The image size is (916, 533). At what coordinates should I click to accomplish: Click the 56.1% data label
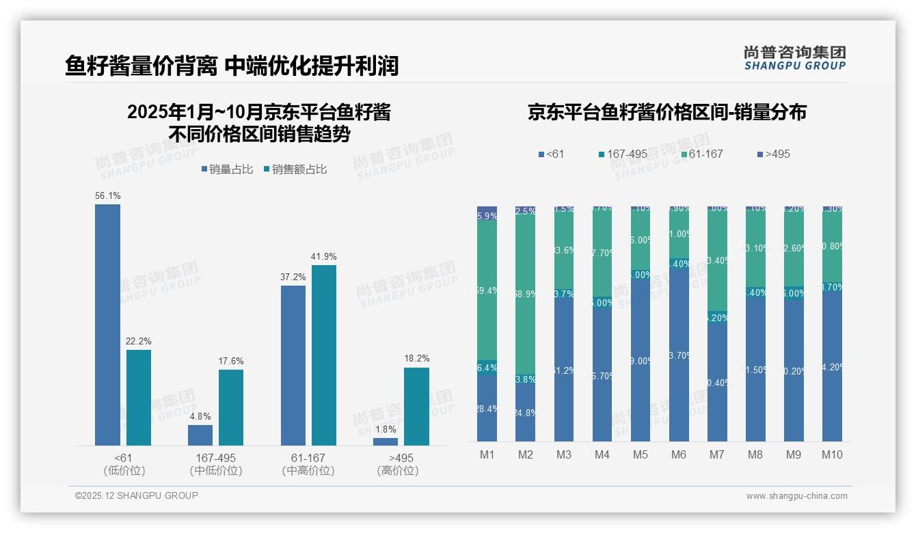(x=108, y=195)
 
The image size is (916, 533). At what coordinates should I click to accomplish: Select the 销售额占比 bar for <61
(x=139, y=398)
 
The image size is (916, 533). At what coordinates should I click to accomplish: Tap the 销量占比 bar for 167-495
(x=200, y=435)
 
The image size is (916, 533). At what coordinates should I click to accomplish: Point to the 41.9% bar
(x=324, y=355)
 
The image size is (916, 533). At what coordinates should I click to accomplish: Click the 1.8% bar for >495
(x=386, y=441)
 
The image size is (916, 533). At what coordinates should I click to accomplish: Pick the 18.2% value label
(x=416, y=358)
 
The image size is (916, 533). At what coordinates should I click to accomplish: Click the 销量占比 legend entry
(x=228, y=169)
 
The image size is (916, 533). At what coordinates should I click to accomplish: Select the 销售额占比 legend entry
(x=295, y=169)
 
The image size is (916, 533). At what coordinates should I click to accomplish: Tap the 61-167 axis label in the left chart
(x=308, y=457)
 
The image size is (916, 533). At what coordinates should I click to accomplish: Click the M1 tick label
(x=487, y=454)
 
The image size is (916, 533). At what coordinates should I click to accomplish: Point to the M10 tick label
(x=832, y=454)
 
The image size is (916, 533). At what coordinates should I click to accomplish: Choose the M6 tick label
(x=679, y=454)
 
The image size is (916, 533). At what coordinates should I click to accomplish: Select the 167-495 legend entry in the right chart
(x=623, y=154)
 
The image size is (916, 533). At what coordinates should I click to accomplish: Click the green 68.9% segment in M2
(x=526, y=294)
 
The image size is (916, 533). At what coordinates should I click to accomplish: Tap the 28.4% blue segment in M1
(x=487, y=409)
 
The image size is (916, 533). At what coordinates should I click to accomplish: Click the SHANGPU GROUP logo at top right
(x=794, y=58)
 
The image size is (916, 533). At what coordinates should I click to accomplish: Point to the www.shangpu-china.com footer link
(x=796, y=496)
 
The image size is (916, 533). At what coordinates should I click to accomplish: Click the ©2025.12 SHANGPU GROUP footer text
(x=137, y=495)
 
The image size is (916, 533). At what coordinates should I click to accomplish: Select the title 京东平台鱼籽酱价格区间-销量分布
(x=666, y=113)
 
